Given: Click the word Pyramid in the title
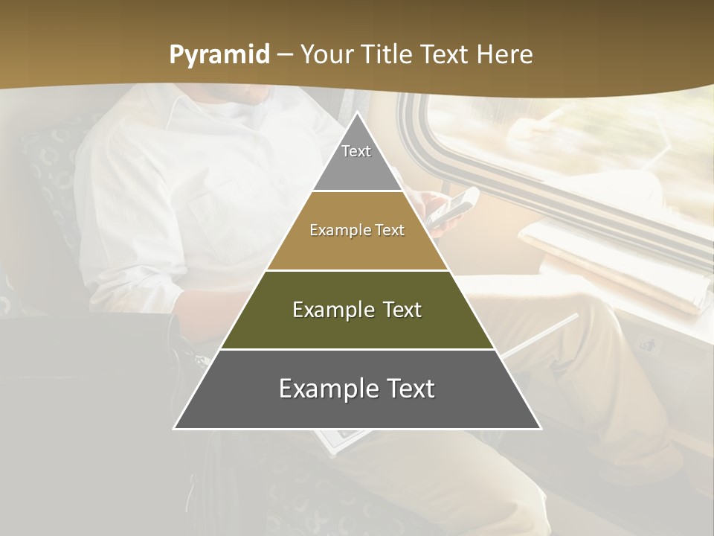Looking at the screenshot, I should (x=219, y=55).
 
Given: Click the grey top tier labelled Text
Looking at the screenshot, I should (x=356, y=159).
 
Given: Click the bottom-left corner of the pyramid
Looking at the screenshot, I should (x=175, y=428).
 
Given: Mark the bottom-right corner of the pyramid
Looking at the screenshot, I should (x=540, y=428).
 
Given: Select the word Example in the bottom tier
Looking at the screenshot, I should (x=327, y=389).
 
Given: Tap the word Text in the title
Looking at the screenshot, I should (x=444, y=54).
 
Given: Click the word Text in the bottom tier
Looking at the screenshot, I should (x=409, y=389).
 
